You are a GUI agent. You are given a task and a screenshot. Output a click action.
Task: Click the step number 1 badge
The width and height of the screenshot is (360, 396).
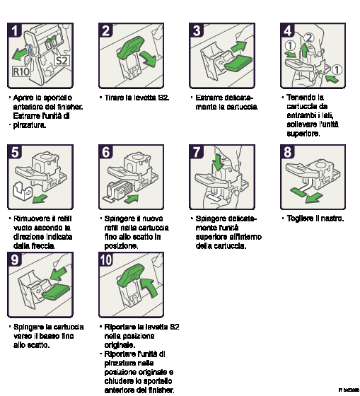tap(15, 30)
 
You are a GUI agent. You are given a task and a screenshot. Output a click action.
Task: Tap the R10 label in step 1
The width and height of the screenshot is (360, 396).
tap(21, 71)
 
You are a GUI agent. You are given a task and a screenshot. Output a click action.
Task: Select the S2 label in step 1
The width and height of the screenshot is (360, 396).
tap(63, 60)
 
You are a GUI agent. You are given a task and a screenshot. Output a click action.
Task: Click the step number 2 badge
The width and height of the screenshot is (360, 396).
tap(106, 30)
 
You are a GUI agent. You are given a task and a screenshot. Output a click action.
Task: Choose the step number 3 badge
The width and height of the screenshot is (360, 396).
tap(197, 30)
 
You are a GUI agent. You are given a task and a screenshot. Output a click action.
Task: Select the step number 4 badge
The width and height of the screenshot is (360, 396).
tap(288, 30)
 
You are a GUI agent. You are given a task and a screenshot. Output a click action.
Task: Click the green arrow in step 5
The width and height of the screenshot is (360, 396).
tap(42, 199)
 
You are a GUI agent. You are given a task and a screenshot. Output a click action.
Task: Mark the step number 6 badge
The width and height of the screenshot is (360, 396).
tap(106, 152)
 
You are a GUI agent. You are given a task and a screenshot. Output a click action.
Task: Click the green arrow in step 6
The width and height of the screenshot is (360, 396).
tap(131, 199)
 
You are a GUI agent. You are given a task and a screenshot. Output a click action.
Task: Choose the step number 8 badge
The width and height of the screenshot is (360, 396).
tap(288, 152)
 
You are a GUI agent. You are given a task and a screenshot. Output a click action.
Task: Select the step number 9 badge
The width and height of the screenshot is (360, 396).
tap(15, 260)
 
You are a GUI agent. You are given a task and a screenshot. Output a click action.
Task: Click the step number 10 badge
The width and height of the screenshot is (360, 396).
tap(106, 260)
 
